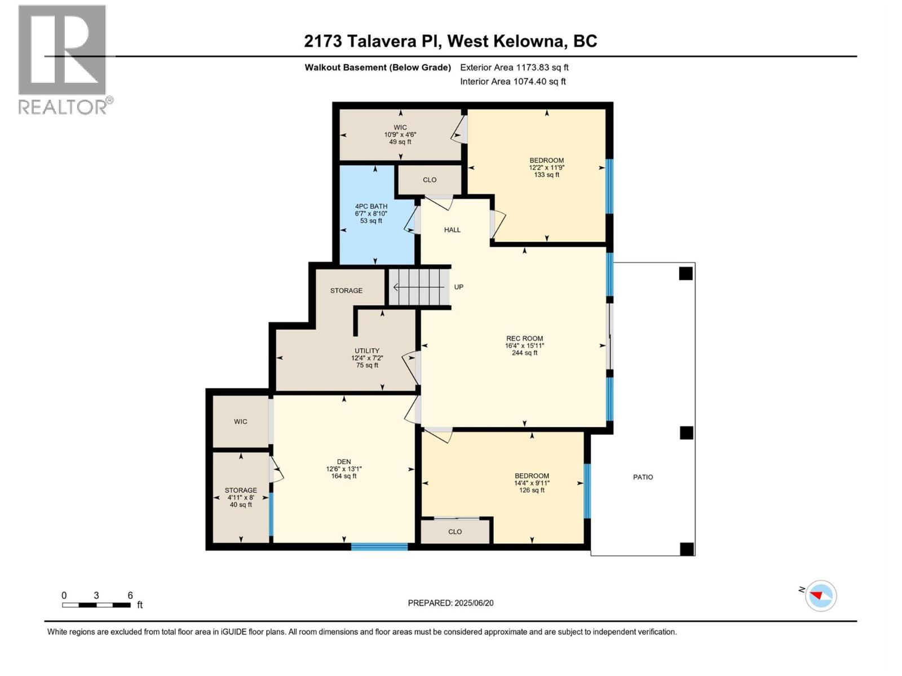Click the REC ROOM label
(x=524, y=339)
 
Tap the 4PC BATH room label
(x=371, y=206)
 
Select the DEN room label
(x=344, y=461)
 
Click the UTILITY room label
(x=367, y=350)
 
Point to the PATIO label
(x=643, y=477)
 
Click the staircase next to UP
(x=418, y=287)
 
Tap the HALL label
(x=452, y=230)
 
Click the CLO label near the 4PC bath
(x=430, y=180)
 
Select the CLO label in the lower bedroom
(x=455, y=532)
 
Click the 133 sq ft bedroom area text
(x=546, y=175)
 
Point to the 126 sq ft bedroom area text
(x=532, y=490)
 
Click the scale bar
(x=96, y=605)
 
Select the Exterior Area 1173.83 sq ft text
(x=514, y=67)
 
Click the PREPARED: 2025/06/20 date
(x=450, y=603)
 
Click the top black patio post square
(x=686, y=274)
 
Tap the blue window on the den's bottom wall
(x=379, y=546)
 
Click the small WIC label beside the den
(x=241, y=421)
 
